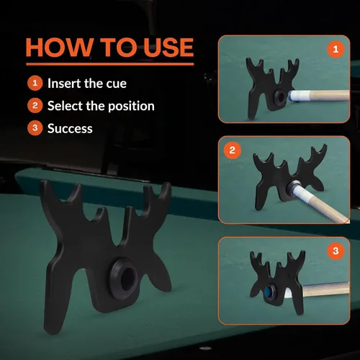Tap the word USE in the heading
[168, 48]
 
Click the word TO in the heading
[118, 48]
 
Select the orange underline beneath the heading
[110, 64]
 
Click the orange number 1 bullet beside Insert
[35, 84]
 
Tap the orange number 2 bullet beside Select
[35, 106]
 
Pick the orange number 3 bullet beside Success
[35, 128]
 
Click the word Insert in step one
[63, 84]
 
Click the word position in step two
[131, 107]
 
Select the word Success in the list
[70, 128]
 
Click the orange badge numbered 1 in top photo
[336, 50]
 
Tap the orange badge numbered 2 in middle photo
[232, 150]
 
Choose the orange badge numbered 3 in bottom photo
[336, 251]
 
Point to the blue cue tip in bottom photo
[267, 291]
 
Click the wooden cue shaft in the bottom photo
[325, 289]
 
